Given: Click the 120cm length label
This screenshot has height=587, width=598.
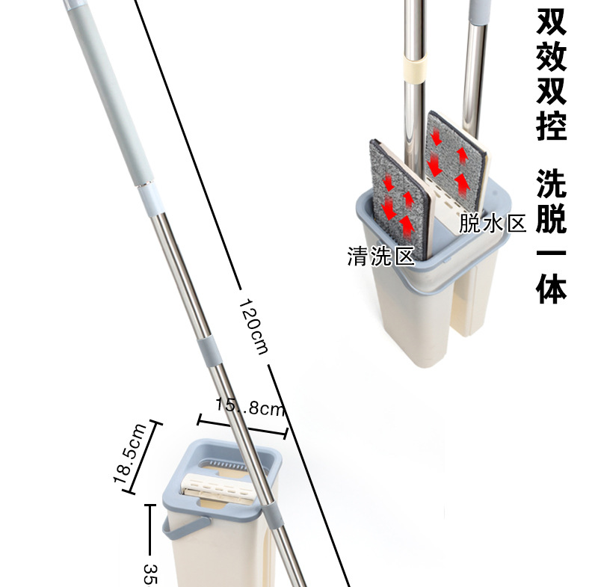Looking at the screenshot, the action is pyautogui.click(x=253, y=327).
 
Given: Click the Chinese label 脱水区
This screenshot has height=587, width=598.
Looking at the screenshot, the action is pyautogui.click(x=494, y=222).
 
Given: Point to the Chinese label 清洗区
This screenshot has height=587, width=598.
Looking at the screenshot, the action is pyautogui.click(x=380, y=256).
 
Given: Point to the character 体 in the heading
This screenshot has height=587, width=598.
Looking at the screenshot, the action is pyautogui.click(x=552, y=288).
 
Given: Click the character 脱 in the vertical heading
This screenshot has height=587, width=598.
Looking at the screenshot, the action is pyautogui.click(x=552, y=218).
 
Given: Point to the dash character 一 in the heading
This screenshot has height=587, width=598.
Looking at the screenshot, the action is pyautogui.click(x=552, y=253).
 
